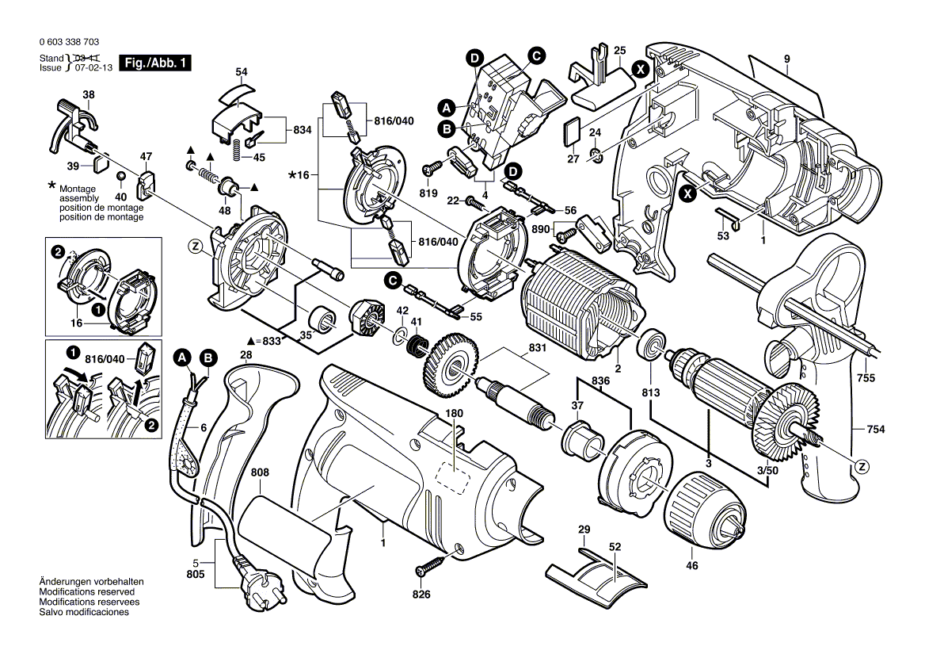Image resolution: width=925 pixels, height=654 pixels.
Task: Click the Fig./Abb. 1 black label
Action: [x=155, y=63]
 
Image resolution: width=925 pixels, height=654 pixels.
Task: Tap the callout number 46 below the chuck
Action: [x=691, y=566]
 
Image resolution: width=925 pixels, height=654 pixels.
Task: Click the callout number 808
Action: [x=260, y=473]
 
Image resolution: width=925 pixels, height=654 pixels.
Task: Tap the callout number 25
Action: [x=619, y=51]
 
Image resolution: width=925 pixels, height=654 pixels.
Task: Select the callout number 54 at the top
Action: [x=242, y=72]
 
